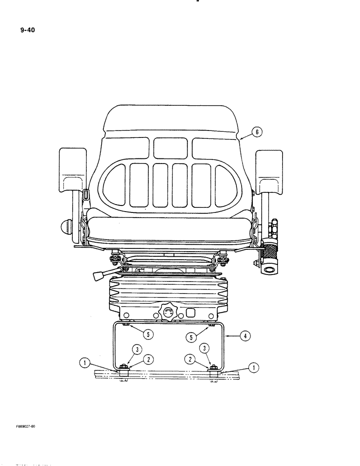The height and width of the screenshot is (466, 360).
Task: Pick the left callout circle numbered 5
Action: pyautogui.click(x=148, y=334)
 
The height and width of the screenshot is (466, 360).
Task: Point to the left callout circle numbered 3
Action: pyautogui.click(x=136, y=349)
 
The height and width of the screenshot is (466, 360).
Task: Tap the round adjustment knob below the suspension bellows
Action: pyautogui.click(x=168, y=313)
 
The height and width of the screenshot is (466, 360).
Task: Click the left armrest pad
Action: pyautogui.click(x=73, y=170)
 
